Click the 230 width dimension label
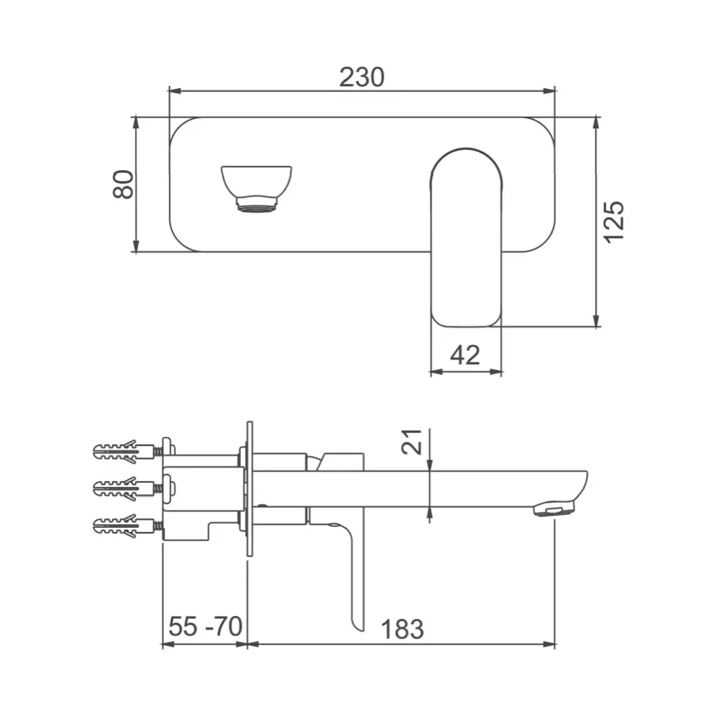(361, 77)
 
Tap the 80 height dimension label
(123, 184)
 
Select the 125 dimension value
(613, 222)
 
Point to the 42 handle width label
(465, 355)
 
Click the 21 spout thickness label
(411, 442)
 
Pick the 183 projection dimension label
(402, 630)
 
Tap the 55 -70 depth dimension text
(205, 626)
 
